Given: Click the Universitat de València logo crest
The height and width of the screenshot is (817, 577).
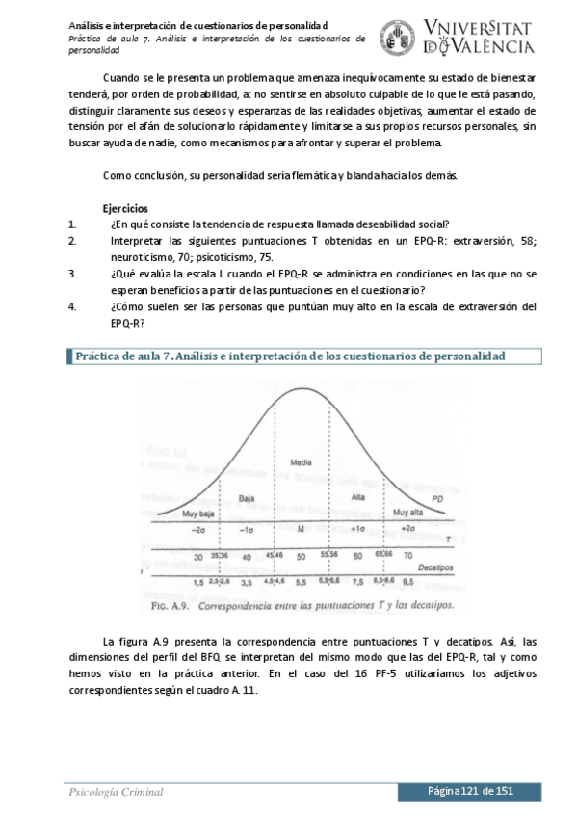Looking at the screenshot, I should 398,37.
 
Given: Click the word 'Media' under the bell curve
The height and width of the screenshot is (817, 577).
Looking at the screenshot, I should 301,463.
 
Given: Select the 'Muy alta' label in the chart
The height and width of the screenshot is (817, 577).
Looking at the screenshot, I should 408,514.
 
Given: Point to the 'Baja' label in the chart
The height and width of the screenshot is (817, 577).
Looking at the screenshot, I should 247,497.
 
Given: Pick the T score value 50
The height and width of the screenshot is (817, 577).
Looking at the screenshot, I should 301,557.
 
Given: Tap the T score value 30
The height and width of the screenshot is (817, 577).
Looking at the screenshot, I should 197,557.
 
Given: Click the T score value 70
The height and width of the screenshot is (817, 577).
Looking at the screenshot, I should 407,556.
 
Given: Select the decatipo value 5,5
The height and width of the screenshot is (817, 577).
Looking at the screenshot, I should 301,583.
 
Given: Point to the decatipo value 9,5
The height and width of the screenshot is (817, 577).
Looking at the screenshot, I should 407,582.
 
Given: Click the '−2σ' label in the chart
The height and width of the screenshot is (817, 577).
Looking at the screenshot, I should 198,530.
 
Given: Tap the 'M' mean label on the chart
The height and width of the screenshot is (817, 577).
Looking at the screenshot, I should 301,530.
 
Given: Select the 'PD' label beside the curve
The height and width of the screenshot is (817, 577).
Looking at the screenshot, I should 437,498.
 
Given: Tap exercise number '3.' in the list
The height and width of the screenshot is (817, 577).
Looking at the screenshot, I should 72,274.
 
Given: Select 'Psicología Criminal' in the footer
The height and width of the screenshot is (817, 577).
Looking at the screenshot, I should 115,792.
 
